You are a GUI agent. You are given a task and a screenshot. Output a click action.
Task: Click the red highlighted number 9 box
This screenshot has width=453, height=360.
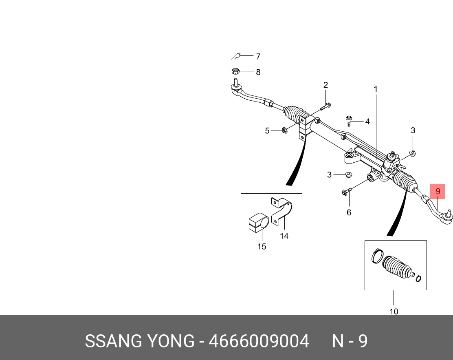click(x=438, y=191)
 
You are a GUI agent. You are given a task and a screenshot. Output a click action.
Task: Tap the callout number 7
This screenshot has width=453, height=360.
click(x=258, y=57)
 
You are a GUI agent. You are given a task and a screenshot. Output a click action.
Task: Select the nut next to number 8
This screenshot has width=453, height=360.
click(x=235, y=71)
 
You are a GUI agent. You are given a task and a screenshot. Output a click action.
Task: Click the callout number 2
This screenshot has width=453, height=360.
click(x=325, y=85)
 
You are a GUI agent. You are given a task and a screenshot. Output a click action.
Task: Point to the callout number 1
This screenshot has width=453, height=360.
click(x=376, y=89)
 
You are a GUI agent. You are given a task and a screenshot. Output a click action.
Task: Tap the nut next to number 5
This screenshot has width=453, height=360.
click(x=284, y=130)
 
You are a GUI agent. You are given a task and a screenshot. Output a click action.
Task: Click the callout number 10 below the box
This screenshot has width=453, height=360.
click(x=394, y=311)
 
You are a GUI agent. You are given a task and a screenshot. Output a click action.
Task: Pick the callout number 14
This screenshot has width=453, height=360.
click(x=284, y=236)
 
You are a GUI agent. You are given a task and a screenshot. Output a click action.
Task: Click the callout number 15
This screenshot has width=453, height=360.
click(x=262, y=246)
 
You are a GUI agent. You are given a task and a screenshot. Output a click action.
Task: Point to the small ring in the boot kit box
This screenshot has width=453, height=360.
click(x=418, y=279)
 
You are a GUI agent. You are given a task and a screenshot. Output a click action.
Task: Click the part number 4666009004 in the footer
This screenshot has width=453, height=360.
click(x=259, y=341)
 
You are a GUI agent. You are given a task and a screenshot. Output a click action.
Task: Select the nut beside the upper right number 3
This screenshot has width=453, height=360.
click(x=412, y=153)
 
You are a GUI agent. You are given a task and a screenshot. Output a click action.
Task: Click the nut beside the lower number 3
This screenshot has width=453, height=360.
click(x=349, y=175)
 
